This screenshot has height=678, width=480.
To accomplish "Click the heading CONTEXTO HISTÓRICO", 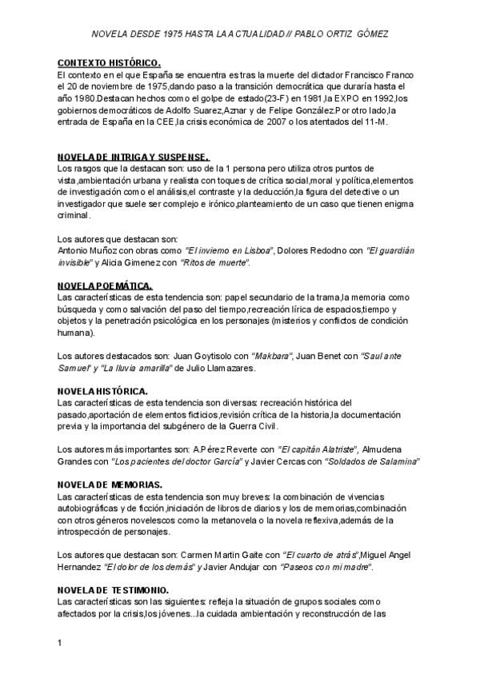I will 110,62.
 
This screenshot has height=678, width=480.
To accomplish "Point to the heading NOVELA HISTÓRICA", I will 102,391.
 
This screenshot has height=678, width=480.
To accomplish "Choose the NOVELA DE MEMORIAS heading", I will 110,485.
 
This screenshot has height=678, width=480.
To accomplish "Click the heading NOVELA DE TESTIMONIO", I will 113,590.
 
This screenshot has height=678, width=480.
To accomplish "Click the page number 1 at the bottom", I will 60,642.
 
